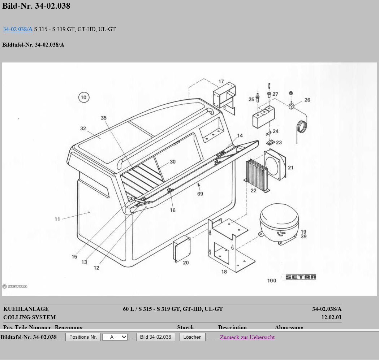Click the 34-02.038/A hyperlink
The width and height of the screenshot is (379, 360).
[x=18, y=29]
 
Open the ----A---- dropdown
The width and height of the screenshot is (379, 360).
[x=115, y=337]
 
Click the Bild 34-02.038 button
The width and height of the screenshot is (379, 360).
[x=155, y=337]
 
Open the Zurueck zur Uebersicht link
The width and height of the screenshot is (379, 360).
[x=247, y=337]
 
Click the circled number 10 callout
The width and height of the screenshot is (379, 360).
[x=83, y=97]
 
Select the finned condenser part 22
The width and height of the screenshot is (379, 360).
[x=257, y=173]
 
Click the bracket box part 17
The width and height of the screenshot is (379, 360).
[x=224, y=96]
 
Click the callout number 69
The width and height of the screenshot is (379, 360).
[x=200, y=194]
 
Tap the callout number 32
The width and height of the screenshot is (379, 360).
[x=83, y=129]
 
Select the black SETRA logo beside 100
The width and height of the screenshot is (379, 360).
[x=301, y=277]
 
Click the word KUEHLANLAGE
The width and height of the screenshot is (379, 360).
[x=26, y=309]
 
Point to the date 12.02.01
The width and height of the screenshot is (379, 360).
[x=331, y=317]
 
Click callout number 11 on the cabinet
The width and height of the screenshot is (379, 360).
[x=57, y=219]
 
